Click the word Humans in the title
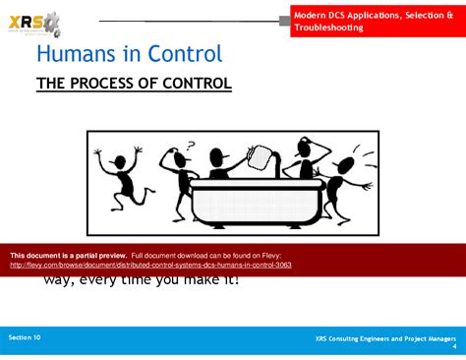(77, 54)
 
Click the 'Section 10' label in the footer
(25, 337)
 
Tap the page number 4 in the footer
(453, 347)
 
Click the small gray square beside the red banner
(284, 20)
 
